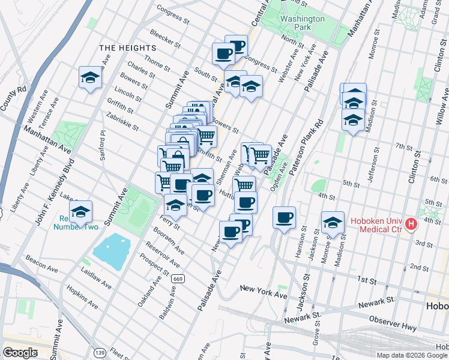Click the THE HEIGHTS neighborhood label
point(127,47)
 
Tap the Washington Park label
point(302,23)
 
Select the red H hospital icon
point(411,224)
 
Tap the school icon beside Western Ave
point(90,77)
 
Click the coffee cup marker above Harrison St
point(285,217)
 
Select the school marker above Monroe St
point(333,223)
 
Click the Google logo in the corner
point(20,352)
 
